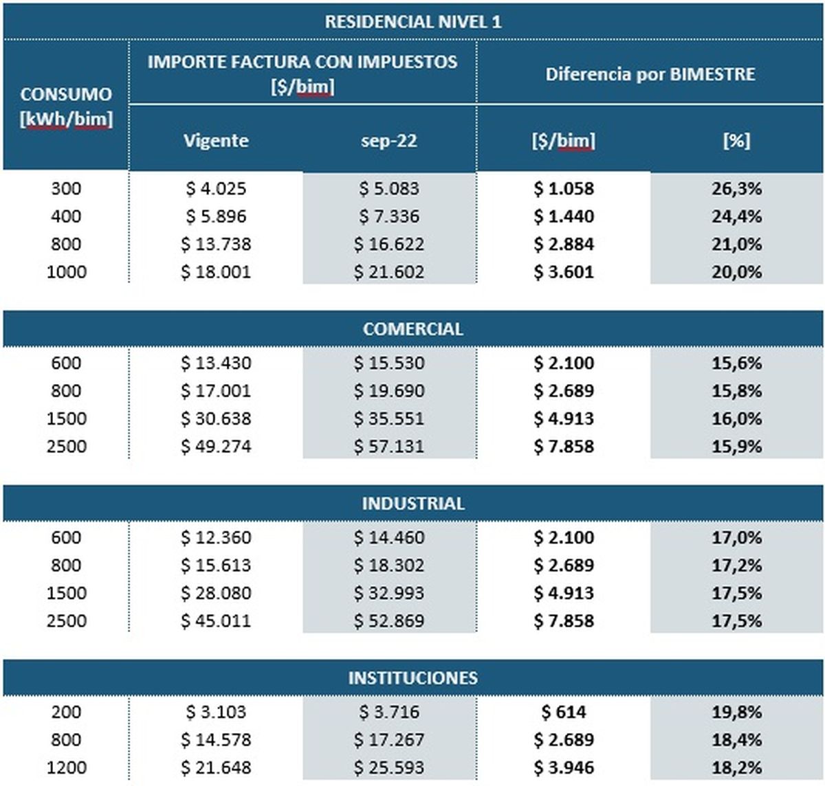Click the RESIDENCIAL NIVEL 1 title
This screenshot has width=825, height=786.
[x=412, y=22]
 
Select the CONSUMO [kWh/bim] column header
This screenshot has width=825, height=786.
[x=66, y=106]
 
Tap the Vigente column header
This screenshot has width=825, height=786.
[x=216, y=141]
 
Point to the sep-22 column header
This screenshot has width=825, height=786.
[x=389, y=141]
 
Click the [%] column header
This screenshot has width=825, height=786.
[x=736, y=141]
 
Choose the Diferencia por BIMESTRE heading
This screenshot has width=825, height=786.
[x=650, y=74]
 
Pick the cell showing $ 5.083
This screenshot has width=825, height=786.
[x=389, y=188]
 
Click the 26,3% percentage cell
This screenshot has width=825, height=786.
[x=736, y=188]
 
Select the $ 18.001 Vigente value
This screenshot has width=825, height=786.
[x=216, y=271]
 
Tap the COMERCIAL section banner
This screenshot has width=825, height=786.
[x=412, y=329]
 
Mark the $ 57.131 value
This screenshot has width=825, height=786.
[x=389, y=446]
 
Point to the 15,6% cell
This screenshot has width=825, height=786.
[x=736, y=363]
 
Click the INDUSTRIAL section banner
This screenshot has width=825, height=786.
[x=412, y=504]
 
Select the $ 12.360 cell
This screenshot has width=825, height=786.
[x=216, y=537]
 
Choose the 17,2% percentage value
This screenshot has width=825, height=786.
[x=736, y=565]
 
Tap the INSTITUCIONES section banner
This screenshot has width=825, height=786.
[x=412, y=678]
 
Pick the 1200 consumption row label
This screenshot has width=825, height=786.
[x=66, y=767]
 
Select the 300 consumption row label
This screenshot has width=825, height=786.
[x=66, y=188]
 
